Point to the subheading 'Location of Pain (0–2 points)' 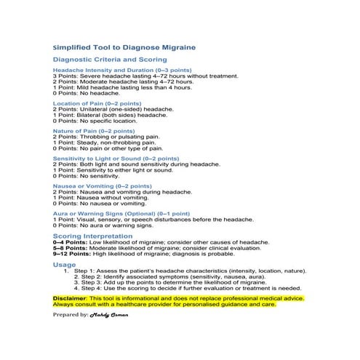point(97,104)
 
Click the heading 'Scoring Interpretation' point(92,236)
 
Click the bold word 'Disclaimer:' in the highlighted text point(70,298)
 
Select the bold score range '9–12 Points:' point(71,253)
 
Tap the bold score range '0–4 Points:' point(69,242)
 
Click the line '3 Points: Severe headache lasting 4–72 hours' point(145,76)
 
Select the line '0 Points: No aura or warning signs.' point(103,225)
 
